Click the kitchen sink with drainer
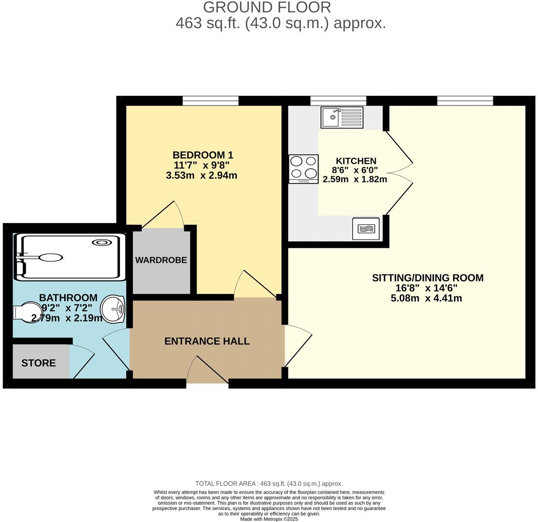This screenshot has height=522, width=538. click(342, 117)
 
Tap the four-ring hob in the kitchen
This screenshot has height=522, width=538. click(303, 169)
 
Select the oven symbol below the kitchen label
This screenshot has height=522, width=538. click(366, 228)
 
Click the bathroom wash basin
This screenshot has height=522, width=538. click(113, 309)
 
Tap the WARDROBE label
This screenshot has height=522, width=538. click(161, 260)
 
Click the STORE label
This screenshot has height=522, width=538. click(38, 363)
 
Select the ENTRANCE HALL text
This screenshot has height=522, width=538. click(207, 341)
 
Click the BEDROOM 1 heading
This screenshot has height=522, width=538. click(203, 155)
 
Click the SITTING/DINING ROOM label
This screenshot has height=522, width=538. click(428, 278)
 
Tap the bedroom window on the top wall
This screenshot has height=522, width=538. click(210, 101)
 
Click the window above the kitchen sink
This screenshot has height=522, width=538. click(338, 101)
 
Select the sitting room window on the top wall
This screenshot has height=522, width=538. click(465, 101)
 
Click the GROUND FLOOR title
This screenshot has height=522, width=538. click(267, 7)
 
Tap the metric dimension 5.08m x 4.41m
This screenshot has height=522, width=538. click(426, 298)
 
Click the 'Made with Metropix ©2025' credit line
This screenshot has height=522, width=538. click(269, 519)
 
